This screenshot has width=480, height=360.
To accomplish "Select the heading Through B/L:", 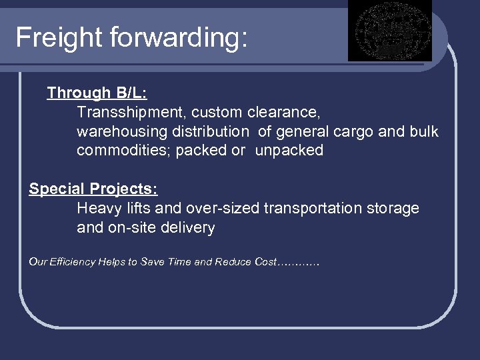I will point(97,93).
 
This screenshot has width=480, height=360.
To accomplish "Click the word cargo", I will point(353,131).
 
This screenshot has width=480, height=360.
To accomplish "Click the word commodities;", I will point(123,151).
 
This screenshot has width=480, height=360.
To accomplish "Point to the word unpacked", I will point(289,151).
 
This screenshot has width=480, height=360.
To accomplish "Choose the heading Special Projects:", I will point(93,189).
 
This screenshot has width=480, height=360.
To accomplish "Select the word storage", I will point(393,209).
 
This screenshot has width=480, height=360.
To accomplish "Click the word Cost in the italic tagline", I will point(265,262).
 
